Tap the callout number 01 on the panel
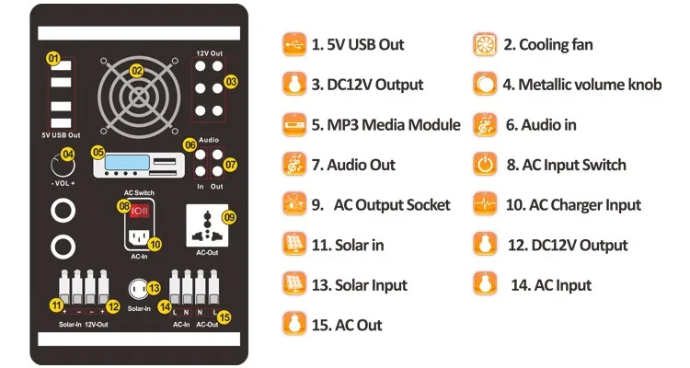coord(53,59)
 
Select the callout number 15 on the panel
coord(225,316)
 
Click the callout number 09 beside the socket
coord(229,217)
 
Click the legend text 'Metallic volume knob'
coord(582,85)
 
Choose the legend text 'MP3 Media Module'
coord(385,125)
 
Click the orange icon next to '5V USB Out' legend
coord(293,44)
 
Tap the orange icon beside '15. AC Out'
coord(293,325)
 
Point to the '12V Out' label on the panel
coord(209,54)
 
